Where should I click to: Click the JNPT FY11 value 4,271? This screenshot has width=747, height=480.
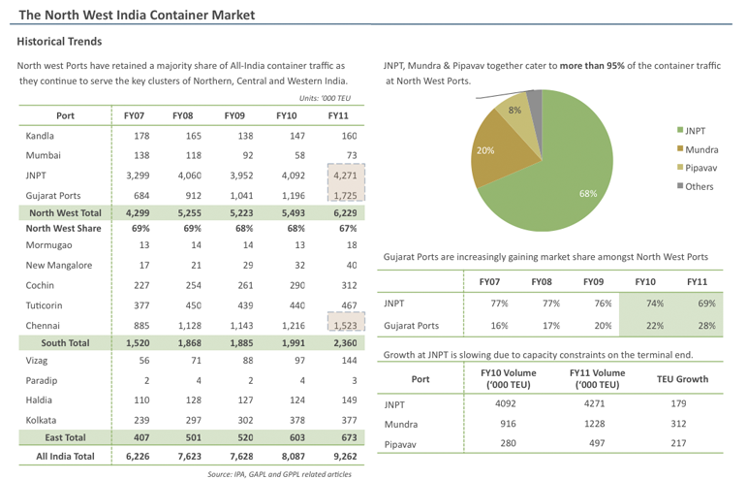(345, 176)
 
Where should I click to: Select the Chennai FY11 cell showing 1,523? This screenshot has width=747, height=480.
(345, 326)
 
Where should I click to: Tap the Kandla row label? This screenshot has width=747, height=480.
(40, 136)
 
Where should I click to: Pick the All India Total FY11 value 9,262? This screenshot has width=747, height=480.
(343, 455)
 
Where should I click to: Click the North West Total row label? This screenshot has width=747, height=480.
(65, 212)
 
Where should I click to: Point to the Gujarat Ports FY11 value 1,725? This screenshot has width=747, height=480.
(345, 195)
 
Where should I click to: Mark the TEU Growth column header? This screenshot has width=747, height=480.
(682, 379)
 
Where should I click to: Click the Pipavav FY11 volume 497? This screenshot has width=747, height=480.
(595, 443)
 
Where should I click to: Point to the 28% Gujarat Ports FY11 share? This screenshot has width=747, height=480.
(695, 326)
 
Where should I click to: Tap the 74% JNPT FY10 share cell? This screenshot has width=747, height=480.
(643, 304)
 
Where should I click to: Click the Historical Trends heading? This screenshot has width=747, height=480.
(59, 42)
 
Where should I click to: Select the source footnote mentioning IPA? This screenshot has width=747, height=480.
(279, 473)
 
